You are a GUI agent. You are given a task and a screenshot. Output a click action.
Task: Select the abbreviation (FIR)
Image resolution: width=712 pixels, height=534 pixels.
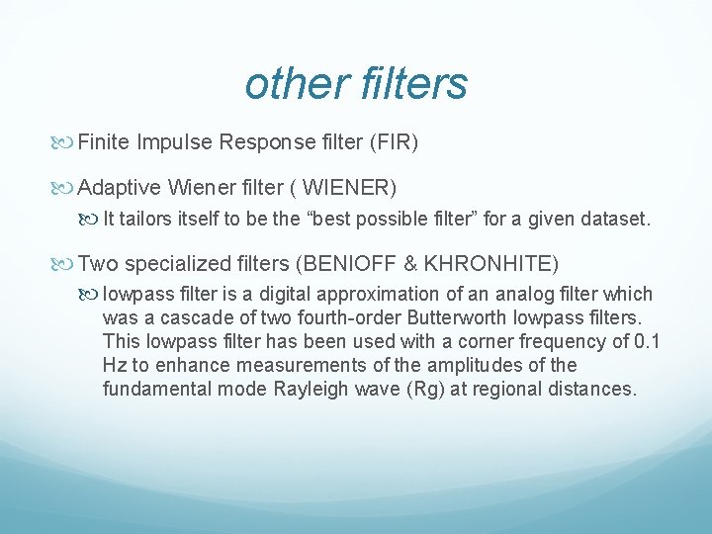pyautogui.click(x=394, y=142)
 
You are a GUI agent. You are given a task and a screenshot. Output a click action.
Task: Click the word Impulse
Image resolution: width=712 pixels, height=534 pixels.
pyautogui.click(x=174, y=142)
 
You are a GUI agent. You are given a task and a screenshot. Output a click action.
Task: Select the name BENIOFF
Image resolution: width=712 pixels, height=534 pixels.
pyautogui.click(x=356, y=264)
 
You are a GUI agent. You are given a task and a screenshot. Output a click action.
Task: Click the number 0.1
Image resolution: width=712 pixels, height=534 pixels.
pyautogui.click(x=647, y=341)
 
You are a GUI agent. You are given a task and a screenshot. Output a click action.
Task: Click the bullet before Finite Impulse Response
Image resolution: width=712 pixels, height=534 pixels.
pyautogui.click(x=66, y=143)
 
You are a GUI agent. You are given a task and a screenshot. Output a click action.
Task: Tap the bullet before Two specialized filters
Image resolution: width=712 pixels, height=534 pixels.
pyautogui.click(x=66, y=265)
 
